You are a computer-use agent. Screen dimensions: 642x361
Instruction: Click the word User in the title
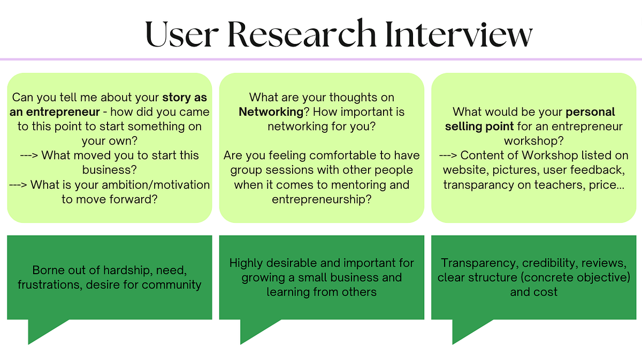(x=182, y=34)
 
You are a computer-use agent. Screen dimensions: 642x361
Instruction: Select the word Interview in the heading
(x=458, y=34)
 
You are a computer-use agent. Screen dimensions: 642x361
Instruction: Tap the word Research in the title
(x=302, y=33)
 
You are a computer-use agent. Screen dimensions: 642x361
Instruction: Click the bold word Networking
(x=271, y=112)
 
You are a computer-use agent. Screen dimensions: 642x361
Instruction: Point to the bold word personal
(x=591, y=112)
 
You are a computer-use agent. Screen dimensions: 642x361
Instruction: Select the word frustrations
(x=50, y=284)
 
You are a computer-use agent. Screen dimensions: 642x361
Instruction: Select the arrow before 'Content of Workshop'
(x=448, y=155)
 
